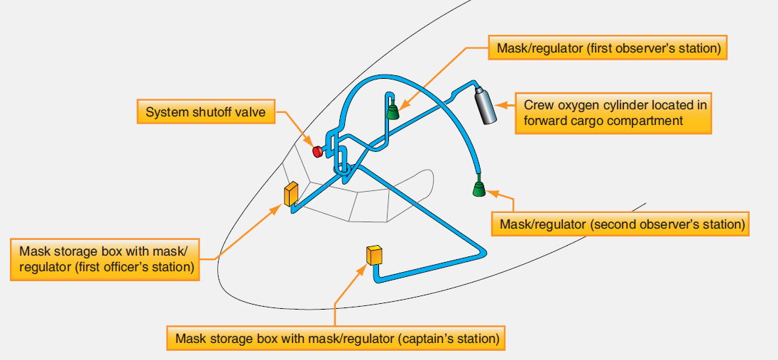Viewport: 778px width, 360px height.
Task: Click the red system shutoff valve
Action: pos(317,151)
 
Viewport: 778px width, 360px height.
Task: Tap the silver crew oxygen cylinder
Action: pos(486,105)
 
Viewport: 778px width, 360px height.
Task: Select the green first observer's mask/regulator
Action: pos(393,111)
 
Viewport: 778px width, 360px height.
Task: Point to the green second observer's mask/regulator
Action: pos(479,187)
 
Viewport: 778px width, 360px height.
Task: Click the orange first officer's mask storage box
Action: pos(290,194)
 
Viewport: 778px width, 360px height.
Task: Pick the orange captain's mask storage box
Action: pos(374,255)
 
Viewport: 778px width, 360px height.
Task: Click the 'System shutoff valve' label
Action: pos(205,111)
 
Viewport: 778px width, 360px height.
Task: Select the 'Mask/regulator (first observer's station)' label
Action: pos(608,48)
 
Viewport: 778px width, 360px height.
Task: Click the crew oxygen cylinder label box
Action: pos(613,113)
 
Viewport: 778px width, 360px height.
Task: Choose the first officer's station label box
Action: pos(105,259)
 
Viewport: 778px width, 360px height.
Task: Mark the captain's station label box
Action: pos(336,339)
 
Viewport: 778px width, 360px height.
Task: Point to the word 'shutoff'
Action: pos(210,112)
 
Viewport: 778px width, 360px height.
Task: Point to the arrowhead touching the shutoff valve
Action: pos(309,143)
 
